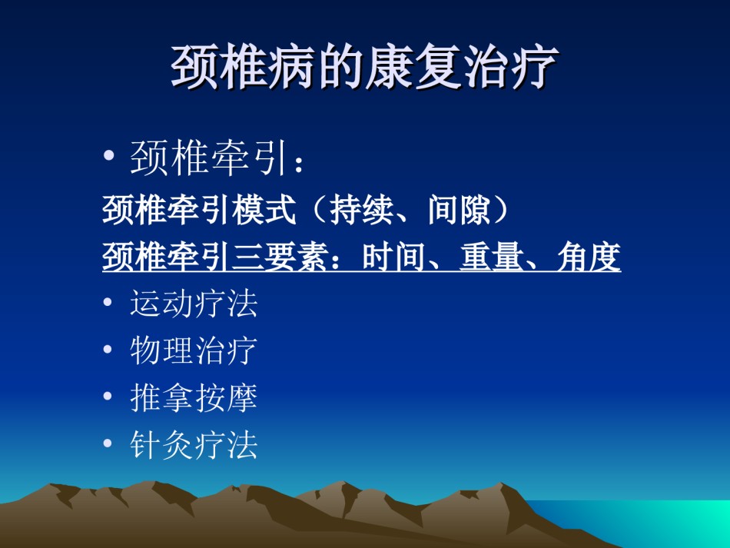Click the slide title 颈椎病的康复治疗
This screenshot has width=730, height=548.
(364, 67)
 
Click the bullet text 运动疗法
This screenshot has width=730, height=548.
(194, 304)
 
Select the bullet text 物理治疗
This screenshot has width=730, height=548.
(194, 350)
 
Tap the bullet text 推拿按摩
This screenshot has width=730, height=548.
(194, 397)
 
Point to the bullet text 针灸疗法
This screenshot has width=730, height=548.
(194, 444)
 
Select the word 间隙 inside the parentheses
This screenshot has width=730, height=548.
(459, 210)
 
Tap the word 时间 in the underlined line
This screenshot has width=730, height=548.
(393, 257)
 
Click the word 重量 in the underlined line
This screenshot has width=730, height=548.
(491, 257)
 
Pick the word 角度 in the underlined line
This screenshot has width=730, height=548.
(589, 257)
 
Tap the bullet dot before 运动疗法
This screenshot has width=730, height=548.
(108, 303)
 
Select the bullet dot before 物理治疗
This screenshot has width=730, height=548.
(108, 349)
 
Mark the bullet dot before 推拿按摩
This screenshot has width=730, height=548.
(108, 397)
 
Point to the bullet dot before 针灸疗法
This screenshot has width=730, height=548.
(108, 443)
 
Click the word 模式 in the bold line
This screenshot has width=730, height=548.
(264, 210)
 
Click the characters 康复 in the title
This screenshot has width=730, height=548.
(413, 67)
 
